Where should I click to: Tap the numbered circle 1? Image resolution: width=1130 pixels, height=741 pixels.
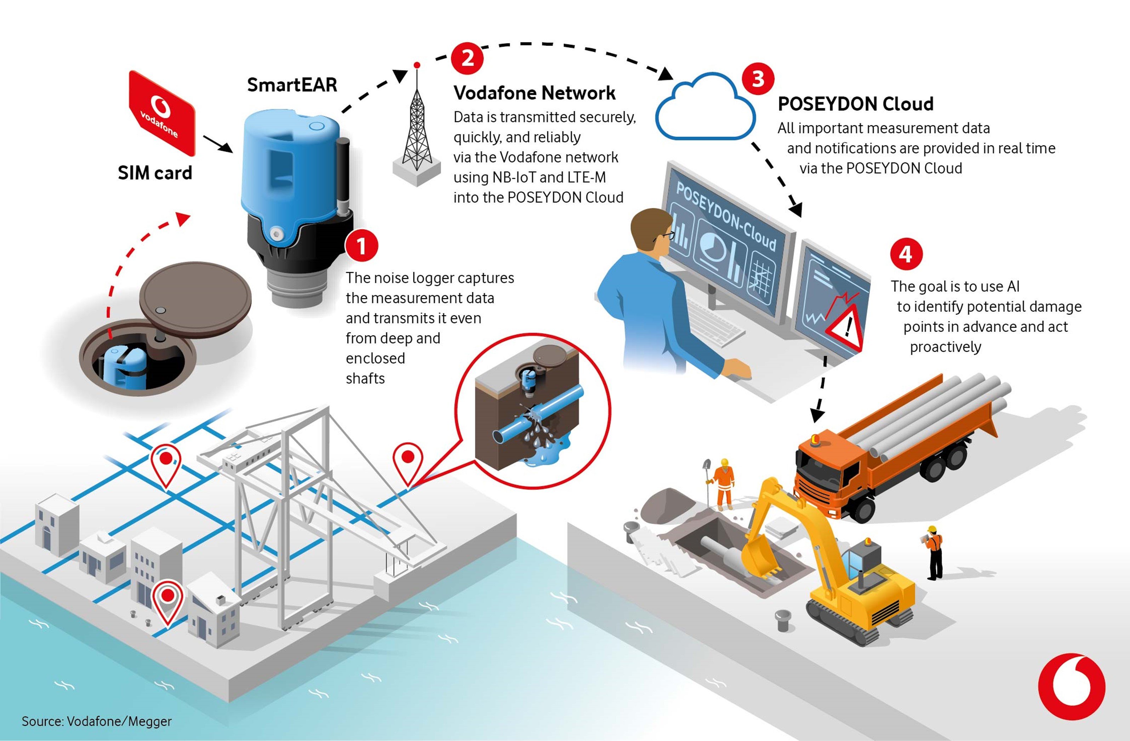coord(362,246)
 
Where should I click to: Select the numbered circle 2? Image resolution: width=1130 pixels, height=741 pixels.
coord(467,58)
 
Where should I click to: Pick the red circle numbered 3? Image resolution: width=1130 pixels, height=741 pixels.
coord(758,79)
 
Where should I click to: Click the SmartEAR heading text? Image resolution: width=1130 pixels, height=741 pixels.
coord(292,85)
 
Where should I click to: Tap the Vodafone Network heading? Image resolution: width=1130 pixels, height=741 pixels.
coord(534,93)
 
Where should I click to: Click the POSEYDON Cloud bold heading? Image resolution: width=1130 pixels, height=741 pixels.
coord(855,103)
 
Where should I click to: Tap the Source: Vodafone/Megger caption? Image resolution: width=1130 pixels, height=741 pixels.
coord(96,721)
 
